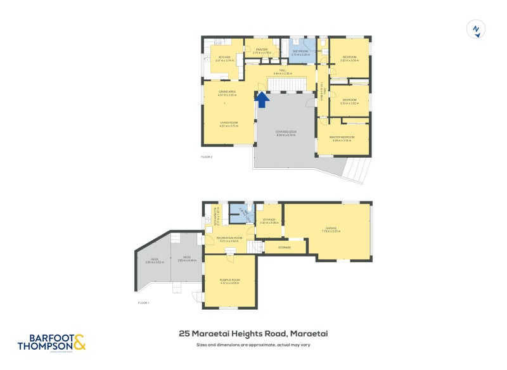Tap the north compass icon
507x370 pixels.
point(477,29)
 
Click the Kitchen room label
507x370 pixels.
point(224,58)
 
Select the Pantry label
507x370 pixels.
point(262,51)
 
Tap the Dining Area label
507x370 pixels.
point(228,94)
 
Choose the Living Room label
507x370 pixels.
point(228,124)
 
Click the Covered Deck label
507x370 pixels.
point(286,133)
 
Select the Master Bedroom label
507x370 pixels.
point(342,138)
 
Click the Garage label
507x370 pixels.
point(331,229)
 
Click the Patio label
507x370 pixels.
point(187,258)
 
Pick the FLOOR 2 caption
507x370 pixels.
point(207,156)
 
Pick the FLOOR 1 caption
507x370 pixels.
point(144,303)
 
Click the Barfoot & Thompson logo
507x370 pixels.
point(51,342)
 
